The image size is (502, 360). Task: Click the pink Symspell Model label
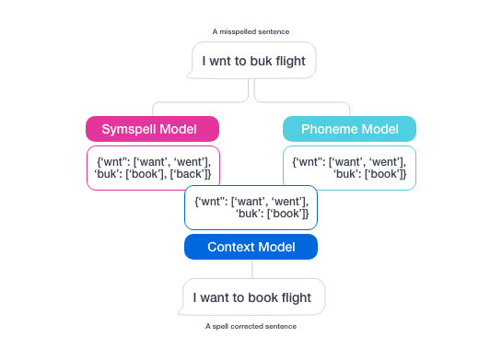(152, 128)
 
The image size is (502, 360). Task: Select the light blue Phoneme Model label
(349, 128)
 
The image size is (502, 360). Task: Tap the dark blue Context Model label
(251, 247)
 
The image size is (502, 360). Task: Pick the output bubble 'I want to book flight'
(253, 297)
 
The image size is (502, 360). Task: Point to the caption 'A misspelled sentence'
(251, 31)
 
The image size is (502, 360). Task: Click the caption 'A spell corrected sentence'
(251, 326)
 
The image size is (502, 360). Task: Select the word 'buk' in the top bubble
(268, 63)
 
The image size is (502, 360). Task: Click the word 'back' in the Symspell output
(193, 174)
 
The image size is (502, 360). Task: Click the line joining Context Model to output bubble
(251, 269)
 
